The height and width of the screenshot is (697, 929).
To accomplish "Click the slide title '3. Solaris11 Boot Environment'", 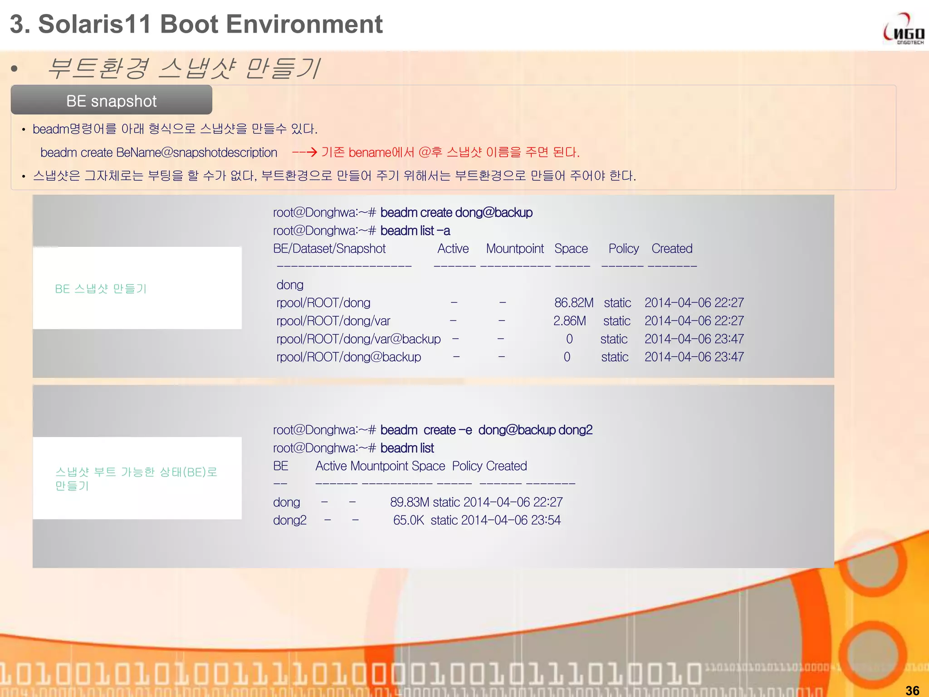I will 196,24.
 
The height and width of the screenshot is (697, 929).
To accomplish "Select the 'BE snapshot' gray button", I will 112,100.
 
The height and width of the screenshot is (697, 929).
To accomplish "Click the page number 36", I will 912,690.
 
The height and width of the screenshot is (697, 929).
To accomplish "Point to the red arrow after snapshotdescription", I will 304,152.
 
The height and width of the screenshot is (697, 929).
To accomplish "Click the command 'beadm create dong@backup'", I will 456,212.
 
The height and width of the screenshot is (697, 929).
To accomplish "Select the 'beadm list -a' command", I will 415,231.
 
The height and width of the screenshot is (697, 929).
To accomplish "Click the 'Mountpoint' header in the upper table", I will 514,249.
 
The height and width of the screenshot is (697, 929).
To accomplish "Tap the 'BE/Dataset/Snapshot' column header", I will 329,249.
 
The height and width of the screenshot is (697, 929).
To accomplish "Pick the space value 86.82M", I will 573,303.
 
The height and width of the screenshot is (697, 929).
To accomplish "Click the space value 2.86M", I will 569,321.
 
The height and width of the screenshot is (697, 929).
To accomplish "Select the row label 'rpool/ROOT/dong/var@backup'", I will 358,339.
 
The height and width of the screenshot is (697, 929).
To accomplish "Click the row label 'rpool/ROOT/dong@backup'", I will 348,357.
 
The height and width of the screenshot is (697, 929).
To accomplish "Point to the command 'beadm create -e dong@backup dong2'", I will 486,430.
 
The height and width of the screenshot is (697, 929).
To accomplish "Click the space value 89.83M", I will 409,502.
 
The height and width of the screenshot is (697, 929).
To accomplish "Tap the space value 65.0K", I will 408,520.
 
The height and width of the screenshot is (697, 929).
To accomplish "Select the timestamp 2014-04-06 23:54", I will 511,520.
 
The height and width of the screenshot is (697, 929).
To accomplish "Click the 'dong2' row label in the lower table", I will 289,520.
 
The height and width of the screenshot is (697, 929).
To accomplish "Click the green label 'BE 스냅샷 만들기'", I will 101,289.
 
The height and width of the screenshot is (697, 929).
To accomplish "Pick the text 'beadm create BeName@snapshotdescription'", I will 159,152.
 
